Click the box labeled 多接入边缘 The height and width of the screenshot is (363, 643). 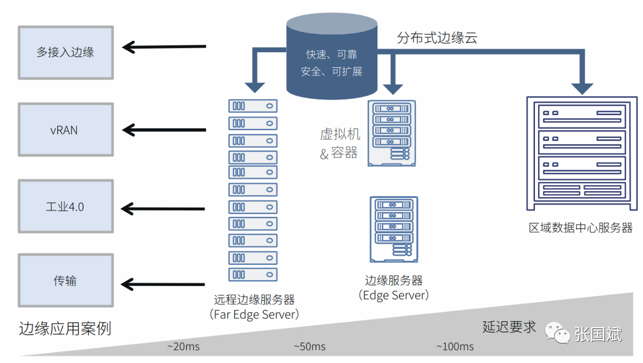pos(66,53)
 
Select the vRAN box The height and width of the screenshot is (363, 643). pos(66,130)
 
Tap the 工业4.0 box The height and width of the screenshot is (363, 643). pos(66,206)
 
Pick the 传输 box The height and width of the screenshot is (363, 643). pos(66,280)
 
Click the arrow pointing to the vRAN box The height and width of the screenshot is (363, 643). pos(164,130)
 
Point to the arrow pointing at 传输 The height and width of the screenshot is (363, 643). pos(163,284)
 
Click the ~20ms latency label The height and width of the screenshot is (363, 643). pos(183,346)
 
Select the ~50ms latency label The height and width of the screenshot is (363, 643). pos(310,346)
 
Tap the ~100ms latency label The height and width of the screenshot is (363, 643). pos(455,346)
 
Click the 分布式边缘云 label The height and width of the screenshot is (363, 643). pos(437,38)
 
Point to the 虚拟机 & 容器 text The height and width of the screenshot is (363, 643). pos(340,143)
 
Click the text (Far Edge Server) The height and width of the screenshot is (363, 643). pos(254,314)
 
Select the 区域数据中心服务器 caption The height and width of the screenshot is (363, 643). pos(580,228)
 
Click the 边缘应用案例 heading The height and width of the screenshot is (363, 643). pos(65,328)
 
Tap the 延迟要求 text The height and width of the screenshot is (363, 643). pos(509,327)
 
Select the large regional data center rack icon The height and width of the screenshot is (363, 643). pos(582,153)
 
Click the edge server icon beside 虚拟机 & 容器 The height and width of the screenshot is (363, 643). pos(391,133)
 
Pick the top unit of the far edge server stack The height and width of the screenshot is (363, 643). pos(253,106)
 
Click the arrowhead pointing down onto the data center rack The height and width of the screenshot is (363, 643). pos(582,89)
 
